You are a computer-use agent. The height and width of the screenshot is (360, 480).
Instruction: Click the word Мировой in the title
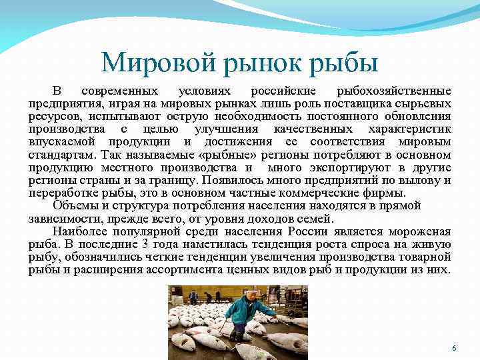pos(153,63)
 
